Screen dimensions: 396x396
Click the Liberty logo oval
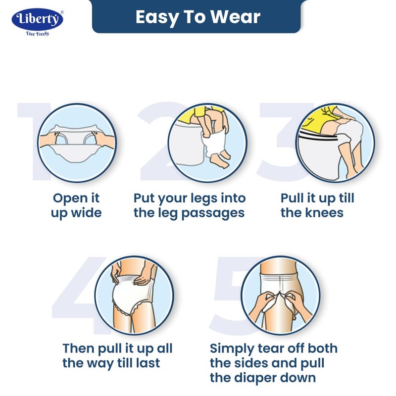38,19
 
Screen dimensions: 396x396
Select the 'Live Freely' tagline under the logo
38,34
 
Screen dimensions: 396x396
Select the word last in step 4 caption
148,363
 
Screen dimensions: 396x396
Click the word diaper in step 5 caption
255,378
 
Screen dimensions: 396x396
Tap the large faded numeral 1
34,141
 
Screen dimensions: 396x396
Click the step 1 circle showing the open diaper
77,143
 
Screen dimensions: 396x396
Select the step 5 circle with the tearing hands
280,295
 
